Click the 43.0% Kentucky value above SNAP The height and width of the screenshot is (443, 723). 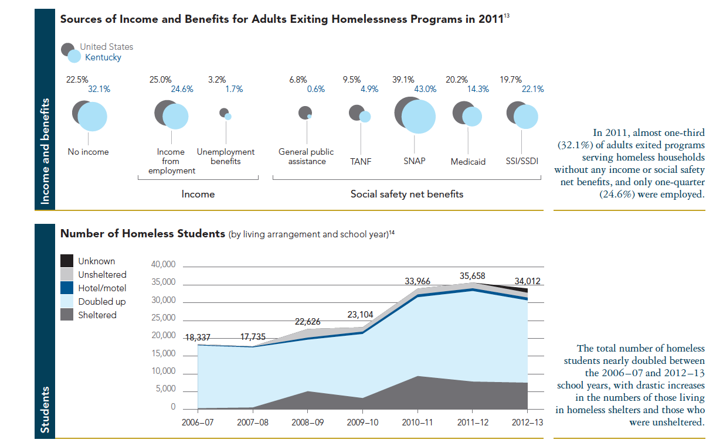pos(425,90)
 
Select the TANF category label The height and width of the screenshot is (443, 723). pos(361,161)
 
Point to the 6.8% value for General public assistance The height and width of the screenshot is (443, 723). pos(298,80)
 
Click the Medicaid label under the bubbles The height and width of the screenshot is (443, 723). pos(468,162)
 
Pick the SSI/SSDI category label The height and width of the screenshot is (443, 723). pos(522,161)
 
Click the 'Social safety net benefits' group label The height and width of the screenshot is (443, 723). pos(406,194)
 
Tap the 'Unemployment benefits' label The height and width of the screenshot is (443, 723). pos(226,156)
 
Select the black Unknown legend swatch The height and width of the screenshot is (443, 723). pos(67,261)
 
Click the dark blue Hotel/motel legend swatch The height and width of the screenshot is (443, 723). pos(67,288)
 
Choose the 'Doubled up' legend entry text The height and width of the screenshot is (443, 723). pos(101,302)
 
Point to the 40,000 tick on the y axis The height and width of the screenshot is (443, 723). pos(164,265)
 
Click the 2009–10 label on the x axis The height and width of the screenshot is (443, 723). pos(363,422)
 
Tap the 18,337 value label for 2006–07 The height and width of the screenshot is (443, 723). pos(198,338)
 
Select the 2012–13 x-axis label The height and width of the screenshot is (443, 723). pos(528,422)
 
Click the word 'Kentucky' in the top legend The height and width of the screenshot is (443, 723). pos(103,57)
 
